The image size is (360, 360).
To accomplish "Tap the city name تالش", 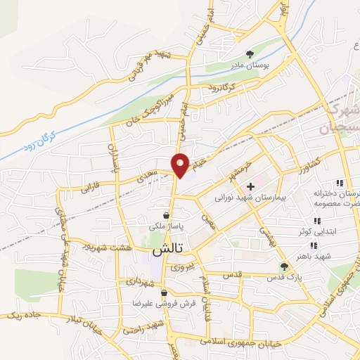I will (169, 250).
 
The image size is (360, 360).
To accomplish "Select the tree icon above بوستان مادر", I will (249, 53).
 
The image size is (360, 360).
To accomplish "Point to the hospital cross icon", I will (250, 186).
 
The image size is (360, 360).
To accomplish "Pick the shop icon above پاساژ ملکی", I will (166, 214).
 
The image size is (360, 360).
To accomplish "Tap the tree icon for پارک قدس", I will (284, 266).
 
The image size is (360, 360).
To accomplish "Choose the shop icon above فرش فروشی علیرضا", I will (164, 292).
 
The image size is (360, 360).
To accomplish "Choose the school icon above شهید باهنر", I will (314, 245).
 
